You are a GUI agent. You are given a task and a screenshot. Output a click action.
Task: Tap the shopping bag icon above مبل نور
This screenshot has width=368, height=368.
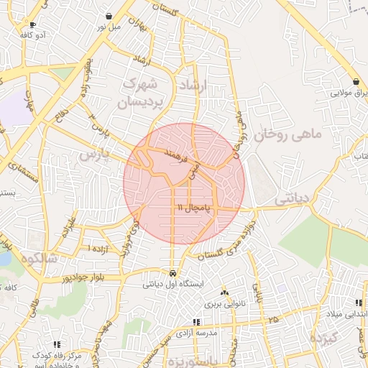(x=109, y=16)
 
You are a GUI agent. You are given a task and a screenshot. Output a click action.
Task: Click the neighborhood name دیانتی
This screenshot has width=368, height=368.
(x=295, y=197)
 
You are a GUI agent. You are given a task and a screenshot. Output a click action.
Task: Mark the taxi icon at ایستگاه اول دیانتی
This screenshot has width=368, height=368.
(x=172, y=273)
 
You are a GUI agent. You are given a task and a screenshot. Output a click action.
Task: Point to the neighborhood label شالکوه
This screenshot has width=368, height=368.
(x=39, y=257)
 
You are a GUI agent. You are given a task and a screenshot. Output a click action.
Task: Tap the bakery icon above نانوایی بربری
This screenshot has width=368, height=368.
(x=226, y=293)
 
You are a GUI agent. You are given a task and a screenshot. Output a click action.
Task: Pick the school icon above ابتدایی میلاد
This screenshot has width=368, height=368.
(x=359, y=303)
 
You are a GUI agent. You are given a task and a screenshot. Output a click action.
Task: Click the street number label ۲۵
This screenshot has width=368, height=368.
(x=272, y=318)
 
